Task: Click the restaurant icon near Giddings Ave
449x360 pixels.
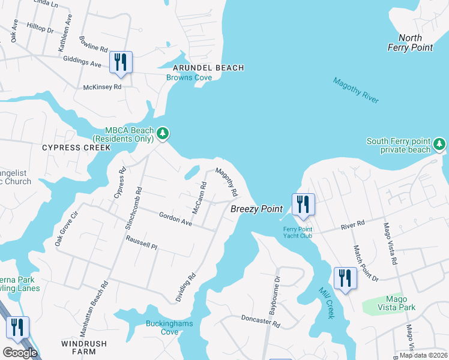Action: tap(121, 62)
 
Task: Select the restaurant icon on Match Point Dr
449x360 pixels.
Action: tap(345, 278)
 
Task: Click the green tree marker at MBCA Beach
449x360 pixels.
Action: tap(162, 133)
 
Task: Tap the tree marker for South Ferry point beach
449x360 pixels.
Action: tap(439, 145)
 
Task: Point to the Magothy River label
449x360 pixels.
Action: tap(356, 91)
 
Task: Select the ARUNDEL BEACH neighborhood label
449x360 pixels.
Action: tap(209, 68)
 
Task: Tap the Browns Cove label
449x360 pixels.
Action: tap(189, 77)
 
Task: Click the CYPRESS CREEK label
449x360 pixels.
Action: tap(76, 147)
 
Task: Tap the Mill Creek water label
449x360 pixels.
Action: tap(325, 299)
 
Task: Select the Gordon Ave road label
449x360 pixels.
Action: tap(175, 219)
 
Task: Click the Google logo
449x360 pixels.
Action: tap(20, 353)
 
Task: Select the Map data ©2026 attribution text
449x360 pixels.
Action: tap(423, 355)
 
